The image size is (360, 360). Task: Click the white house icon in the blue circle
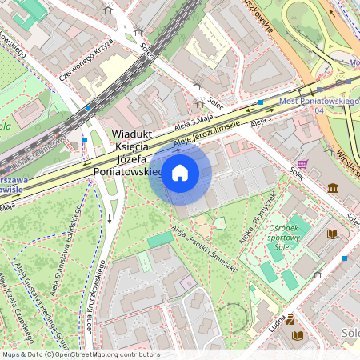pos(180,173)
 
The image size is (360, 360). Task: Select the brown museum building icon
pos(332,187)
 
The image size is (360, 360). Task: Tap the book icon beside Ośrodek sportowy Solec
pos(333,234)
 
